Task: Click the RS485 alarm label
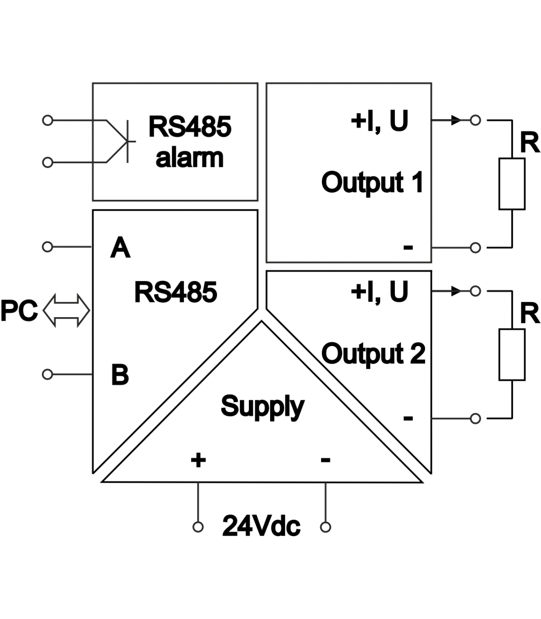coord(189,142)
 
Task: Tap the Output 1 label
coord(372,182)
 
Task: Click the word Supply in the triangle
coord(262,407)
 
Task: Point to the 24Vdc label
coord(261,526)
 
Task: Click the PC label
coord(19,311)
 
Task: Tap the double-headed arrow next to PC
coord(66,310)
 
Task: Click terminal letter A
coord(120,248)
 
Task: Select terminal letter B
coord(120,374)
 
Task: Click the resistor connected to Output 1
coord(512,184)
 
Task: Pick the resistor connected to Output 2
coord(512,355)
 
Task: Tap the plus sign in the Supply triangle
coord(198,460)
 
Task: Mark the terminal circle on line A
coord(47,247)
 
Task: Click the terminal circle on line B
coord(47,374)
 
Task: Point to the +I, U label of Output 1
coord(379,120)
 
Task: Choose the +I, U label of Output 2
coord(379,291)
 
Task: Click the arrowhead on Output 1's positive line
coord(457,120)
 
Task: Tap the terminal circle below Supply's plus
coord(198,527)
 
